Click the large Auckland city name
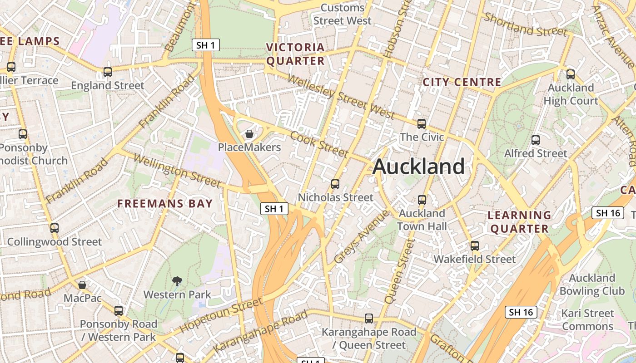418,167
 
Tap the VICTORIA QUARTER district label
295,54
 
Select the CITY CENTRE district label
462,82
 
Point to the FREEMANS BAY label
165,204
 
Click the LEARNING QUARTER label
520,222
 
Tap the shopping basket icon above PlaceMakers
249,134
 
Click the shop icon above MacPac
82,285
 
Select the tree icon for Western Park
177,281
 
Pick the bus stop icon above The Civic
422,123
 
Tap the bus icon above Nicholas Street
335,184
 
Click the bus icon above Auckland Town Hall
422,200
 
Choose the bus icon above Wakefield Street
475,246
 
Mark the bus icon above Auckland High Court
571,74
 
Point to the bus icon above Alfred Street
536,140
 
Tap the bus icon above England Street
108,72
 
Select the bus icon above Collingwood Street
55,228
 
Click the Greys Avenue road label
362,236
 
